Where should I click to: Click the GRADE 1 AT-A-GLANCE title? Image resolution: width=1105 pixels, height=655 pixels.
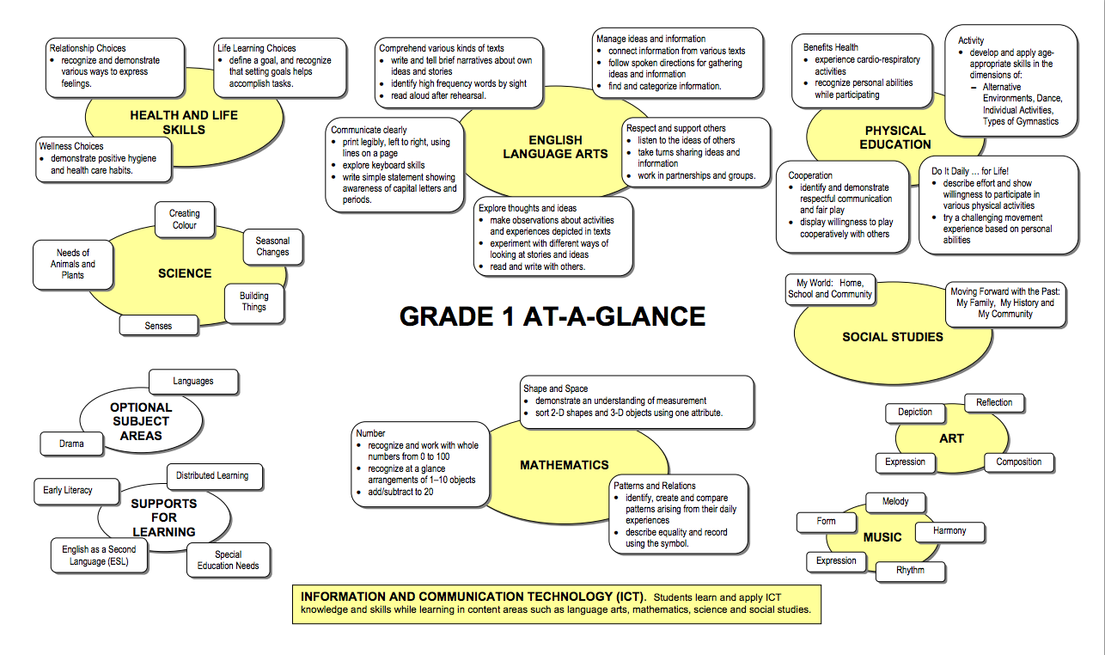pyautogui.click(x=552, y=316)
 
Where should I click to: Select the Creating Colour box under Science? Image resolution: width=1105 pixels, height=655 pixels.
pyautogui.click(x=184, y=219)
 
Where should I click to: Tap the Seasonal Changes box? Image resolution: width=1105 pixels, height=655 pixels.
pyautogui.click(x=272, y=247)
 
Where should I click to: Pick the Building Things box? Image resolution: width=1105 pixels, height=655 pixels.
pyautogui.click(x=253, y=302)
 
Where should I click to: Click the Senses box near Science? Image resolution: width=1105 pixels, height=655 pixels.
pyautogui.click(x=158, y=327)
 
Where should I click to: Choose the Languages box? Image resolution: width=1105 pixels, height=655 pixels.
pyautogui.click(x=193, y=381)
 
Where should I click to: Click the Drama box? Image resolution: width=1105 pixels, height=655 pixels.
pyautogui.click(x=72, y=444)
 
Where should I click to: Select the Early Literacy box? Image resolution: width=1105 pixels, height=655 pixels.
pyautogui.click(x=68, y=490)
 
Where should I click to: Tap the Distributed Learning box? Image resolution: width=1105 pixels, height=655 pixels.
pyautogui.click(x=212, y=475)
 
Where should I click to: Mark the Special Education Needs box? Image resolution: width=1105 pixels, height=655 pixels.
pyautogui.click(x=229, y=560)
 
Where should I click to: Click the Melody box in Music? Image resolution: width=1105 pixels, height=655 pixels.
pyautogui.click(x=894, y=501)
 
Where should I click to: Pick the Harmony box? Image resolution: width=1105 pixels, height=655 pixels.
pyautogui.click(x=949, y=530)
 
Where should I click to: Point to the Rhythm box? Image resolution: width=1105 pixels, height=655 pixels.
pyautogui.click(x=911, y=571)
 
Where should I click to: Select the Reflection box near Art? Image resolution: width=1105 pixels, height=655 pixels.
pyautogui.click(x=994, y=402)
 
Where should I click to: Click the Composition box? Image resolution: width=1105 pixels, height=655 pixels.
pyautogui.click(x=1018, y=462)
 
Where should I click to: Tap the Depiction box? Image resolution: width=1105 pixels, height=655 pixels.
pyautogui.click(x=915, y=412)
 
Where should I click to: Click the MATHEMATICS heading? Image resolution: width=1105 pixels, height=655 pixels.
pyautogui.click(x=564, y=465)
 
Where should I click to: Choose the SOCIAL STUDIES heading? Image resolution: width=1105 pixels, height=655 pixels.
pyautogui.click(x=892, y=337)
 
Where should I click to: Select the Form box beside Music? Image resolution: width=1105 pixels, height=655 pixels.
pyautogui.click(x=826, y=521)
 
